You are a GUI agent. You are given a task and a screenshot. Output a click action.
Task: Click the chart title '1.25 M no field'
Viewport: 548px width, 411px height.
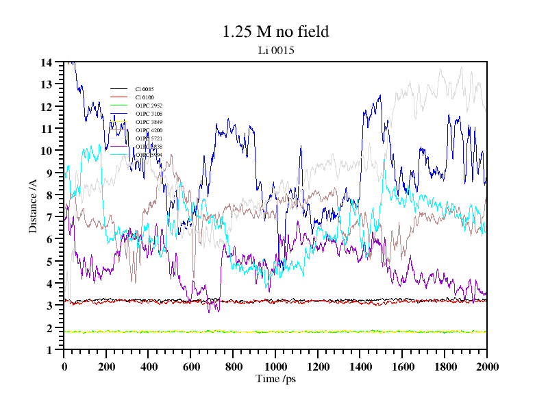pyautogui.click(x=275, y=32)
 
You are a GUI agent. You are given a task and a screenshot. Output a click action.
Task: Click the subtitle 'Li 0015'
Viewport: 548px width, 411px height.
pyautogui.click(x=275, y=50)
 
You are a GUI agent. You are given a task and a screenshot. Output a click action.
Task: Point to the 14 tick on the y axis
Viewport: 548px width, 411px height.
pyautogui.click(x=47, y=62)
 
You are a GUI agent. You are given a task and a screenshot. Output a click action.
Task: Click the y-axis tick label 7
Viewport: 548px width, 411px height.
pyautogui.click(x=49, y=217)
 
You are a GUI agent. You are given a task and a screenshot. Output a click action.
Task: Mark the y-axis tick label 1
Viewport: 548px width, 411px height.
pyautogui.click(x=49, y=350)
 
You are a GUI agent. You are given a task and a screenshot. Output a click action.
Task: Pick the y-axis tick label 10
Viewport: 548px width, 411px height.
pyautogui.click(x=47, y=151)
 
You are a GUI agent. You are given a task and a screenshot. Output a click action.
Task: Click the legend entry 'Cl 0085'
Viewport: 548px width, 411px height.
pyautogui.click(x=145, y=89)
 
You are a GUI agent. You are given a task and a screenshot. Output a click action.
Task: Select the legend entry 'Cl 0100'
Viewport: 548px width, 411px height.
pyautogui.click(x=145, y=97)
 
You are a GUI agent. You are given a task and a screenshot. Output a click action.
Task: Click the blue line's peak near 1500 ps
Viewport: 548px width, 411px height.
pyautogui.click(x=379, y=96)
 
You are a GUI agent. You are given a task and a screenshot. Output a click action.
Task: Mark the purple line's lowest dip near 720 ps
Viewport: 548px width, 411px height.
pyautogui.click(x=219, y=312)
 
